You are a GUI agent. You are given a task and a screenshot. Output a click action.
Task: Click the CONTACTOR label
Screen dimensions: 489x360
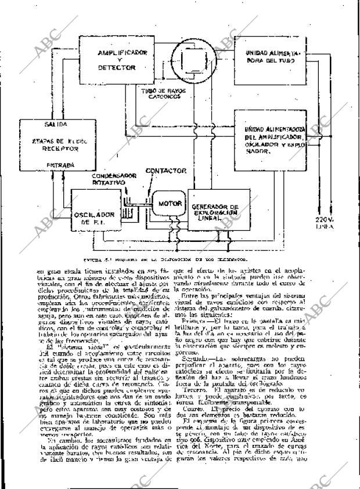pyautogui.click(x=165, y=171)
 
